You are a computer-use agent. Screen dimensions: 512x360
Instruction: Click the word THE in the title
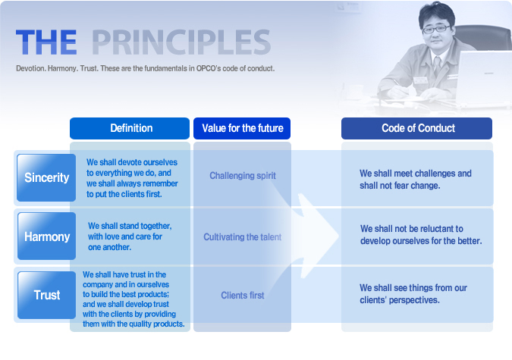pyautogui.click(x=46, y=42)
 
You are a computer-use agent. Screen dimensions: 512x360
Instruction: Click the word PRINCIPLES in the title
pyautogui.click(x=181, y=42)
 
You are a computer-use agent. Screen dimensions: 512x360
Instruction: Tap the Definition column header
pyautogui.click(x=130, y=128)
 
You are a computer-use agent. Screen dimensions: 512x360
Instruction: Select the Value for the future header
pyautogui.click(x=242, y=128)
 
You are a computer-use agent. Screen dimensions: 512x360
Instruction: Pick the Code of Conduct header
pyautogui.click(x=416, y=128)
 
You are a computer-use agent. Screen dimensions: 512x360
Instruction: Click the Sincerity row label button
pyautogui.click(x=46, y=177)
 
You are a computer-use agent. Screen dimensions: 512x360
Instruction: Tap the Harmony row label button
pyautogui.click(x=47, y=236)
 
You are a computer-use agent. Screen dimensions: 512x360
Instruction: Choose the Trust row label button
pyautogui.click(x=47, y=295)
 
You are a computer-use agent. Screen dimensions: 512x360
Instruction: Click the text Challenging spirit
pyautogui.click(x=243, y=176)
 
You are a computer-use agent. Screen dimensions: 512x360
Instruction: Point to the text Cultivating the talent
pyautogui.click(x=242, y=237)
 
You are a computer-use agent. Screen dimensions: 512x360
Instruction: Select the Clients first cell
pyautogui.click(x=242, y=296)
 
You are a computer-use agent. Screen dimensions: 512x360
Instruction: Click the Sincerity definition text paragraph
pyautogui.click(x=132, y=178)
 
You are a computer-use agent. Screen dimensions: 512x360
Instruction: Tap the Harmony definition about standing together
pyautogui.click(x=130, y=236)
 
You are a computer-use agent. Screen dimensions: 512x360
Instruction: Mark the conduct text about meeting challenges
pyautogui.click(x=416, y=179)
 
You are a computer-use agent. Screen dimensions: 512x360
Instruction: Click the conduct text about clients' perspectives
pyautogui.click(x=413, y=294)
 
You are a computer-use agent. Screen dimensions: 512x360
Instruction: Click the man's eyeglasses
pyautogui.click(x=436, y=29)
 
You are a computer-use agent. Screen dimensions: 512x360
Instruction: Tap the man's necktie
pyautogui.click(x=437, y=64)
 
